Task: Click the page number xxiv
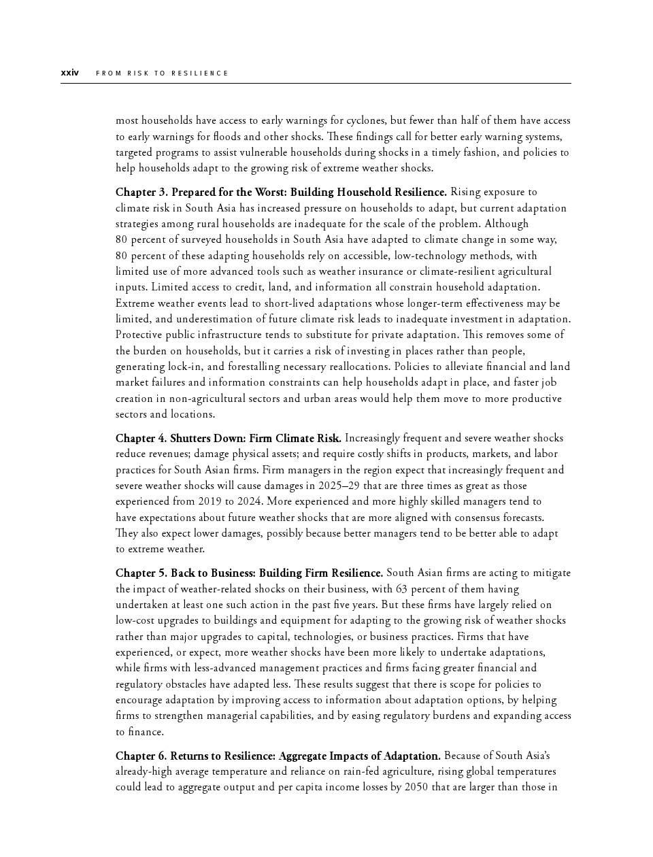69,73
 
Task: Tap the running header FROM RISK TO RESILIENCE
162,73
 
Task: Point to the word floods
229,136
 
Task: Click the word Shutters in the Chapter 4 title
190,438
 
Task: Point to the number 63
402,589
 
